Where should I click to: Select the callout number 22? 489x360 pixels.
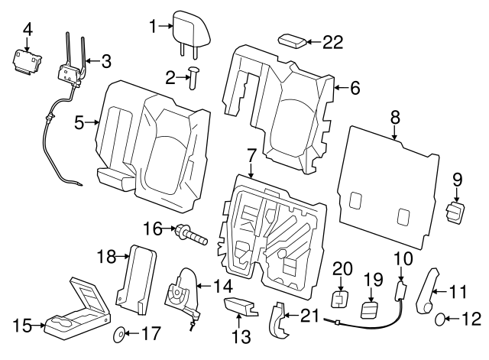(333, 44)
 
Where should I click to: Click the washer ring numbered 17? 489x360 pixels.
(120, 335)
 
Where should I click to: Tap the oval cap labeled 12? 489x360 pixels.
(442, 319)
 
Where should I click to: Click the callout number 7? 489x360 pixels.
(250, 156)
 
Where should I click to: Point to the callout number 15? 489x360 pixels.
(21, 326)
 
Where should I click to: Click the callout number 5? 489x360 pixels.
(80, 122)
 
